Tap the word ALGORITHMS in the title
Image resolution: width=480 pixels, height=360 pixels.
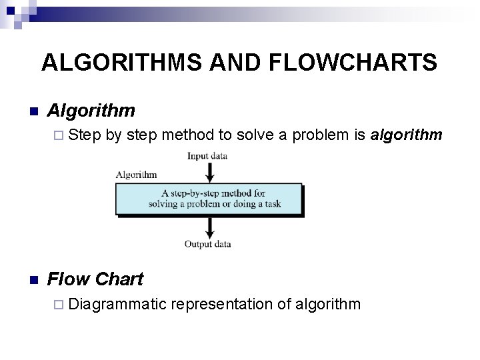point(123,62)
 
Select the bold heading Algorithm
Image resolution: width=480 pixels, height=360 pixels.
point(92,110)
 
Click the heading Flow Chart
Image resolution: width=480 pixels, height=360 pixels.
point(96,279)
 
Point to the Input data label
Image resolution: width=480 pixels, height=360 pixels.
point(207,157)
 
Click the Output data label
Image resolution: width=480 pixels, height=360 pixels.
point(207,245)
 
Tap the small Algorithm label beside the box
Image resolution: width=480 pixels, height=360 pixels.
point(137,175)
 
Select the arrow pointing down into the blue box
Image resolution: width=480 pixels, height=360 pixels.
point(210,172)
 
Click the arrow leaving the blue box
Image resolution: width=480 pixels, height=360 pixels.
point(210,227)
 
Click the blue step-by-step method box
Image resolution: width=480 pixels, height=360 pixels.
point(209,199)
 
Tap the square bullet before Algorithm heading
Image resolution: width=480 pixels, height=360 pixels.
point(33,111)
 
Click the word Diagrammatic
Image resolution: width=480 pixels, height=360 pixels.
point(117,305)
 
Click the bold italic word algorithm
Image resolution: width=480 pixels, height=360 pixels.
point(406,135)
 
